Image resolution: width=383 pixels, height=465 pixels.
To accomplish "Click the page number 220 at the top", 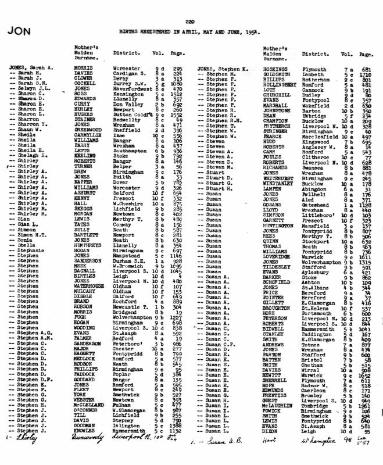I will tap(189, 22).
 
